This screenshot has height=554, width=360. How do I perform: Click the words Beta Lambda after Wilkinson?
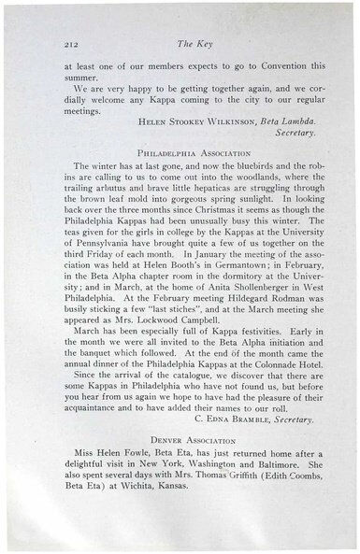click(285, 121)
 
